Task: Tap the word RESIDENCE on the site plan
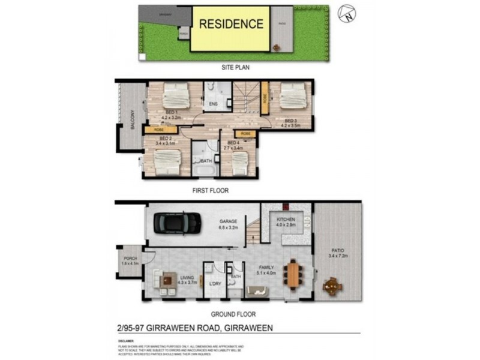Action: click(x=231, y=25)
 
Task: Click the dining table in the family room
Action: click(x=292, y=275)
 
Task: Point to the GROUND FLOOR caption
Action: click(x=233, y=314)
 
